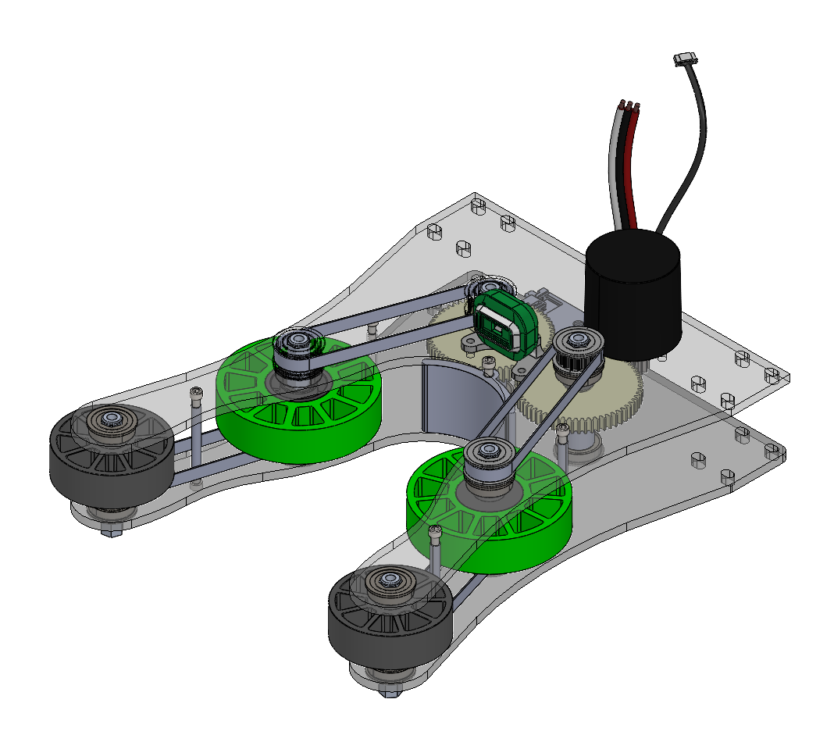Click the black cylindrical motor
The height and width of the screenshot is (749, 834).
pyautogui.click(x=633, y=297)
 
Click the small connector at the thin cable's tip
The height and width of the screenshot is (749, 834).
pyautogui.click(x=685, y=59)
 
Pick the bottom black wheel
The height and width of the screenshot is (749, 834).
pyautogui.click(x=390, y=617)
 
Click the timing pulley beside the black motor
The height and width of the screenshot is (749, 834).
pyautogui.click(x=579, y=352)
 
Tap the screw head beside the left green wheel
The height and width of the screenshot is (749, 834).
pyautogui.click(x=195, y=394)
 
